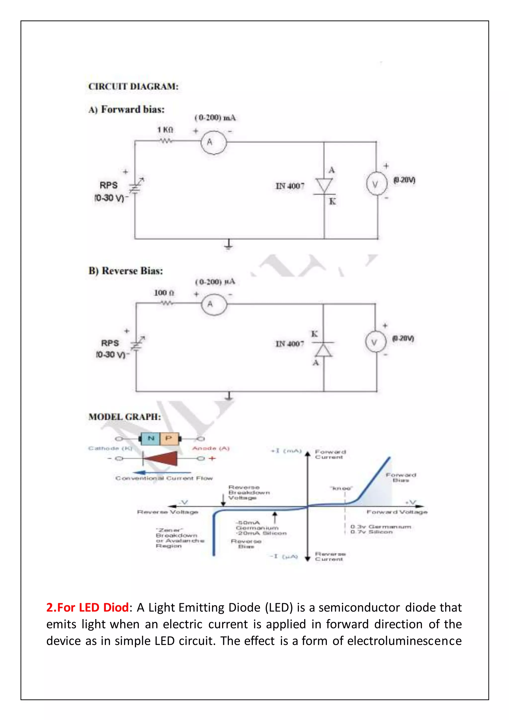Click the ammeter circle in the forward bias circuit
click(213, 142)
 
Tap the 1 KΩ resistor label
click(165, 130)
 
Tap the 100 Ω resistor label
click(164, 293)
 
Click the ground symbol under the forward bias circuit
click(229, 244)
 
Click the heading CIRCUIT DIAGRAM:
click(133, 86)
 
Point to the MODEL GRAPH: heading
click(125, 417)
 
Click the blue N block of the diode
click(151, 438)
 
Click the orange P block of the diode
click(169, 438)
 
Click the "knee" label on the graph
click(341, 488)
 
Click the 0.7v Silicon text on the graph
click(371, 532)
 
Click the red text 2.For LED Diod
click(87, 607)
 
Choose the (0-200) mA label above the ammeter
click(215, 118)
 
